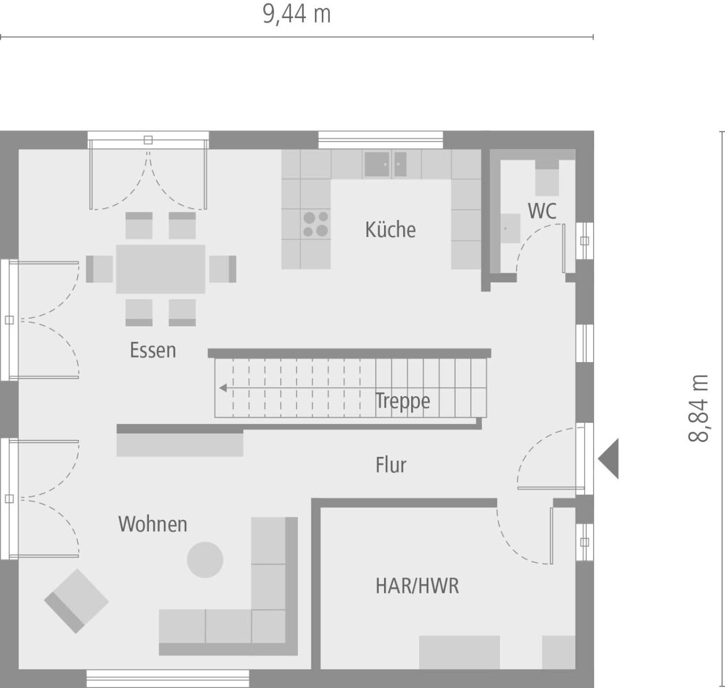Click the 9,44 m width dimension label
click(x=296, y=14)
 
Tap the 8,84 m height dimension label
click(x=699, y=408)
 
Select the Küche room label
click(x=390, y=230)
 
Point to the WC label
click(x=542, y=211)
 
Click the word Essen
click(x=153, y=350)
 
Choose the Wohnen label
click(x=153, y=524)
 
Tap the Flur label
click(x=391, y=465)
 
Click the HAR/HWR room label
click(x=417, y=586)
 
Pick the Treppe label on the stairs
click(x=403, y=401)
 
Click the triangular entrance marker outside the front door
click(x=610, y=458)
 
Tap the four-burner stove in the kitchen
click(x=315, y=224)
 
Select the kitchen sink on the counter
click(x=385, y=164)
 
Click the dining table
click(x=160, y=269)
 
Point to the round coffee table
click(x=205, y=560)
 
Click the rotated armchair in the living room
click(x=76, y=601)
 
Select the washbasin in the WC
click(x=510, y=228)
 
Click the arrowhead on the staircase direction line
click(x=223, y=388)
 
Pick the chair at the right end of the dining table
click(x=223, y=269)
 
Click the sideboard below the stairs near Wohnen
click(x=180, y=444)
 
